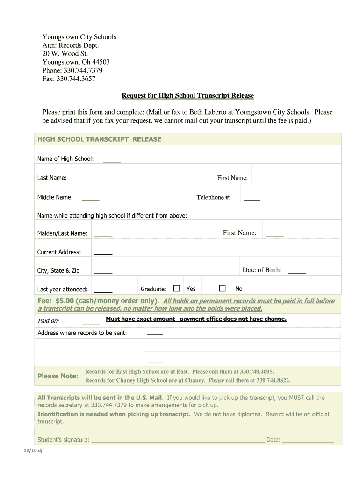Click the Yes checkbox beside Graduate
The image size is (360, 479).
tap(176, 288)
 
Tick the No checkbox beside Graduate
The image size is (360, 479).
tap(223, 288)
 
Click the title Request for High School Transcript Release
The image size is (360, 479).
tap(187, 96)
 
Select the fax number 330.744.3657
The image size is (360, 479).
tap(76, 79)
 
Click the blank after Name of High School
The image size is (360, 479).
tap(112, 160)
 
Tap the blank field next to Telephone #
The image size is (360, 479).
tap(252, 198)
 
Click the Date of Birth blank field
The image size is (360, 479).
tap(297, 271)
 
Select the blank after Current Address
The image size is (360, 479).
tap(103, 253)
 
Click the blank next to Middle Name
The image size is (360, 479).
tap(91, 198)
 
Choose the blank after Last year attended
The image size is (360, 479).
tap(103, 290)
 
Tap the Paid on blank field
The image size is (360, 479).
tap(91, 322)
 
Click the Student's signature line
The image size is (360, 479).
tap(177, 440)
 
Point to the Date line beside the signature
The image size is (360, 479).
tap(308, 440)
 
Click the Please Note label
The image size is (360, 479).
tap(58, 376)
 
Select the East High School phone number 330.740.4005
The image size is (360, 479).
tap(257, 371)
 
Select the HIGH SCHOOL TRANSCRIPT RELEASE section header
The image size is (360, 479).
tap(99, 139)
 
